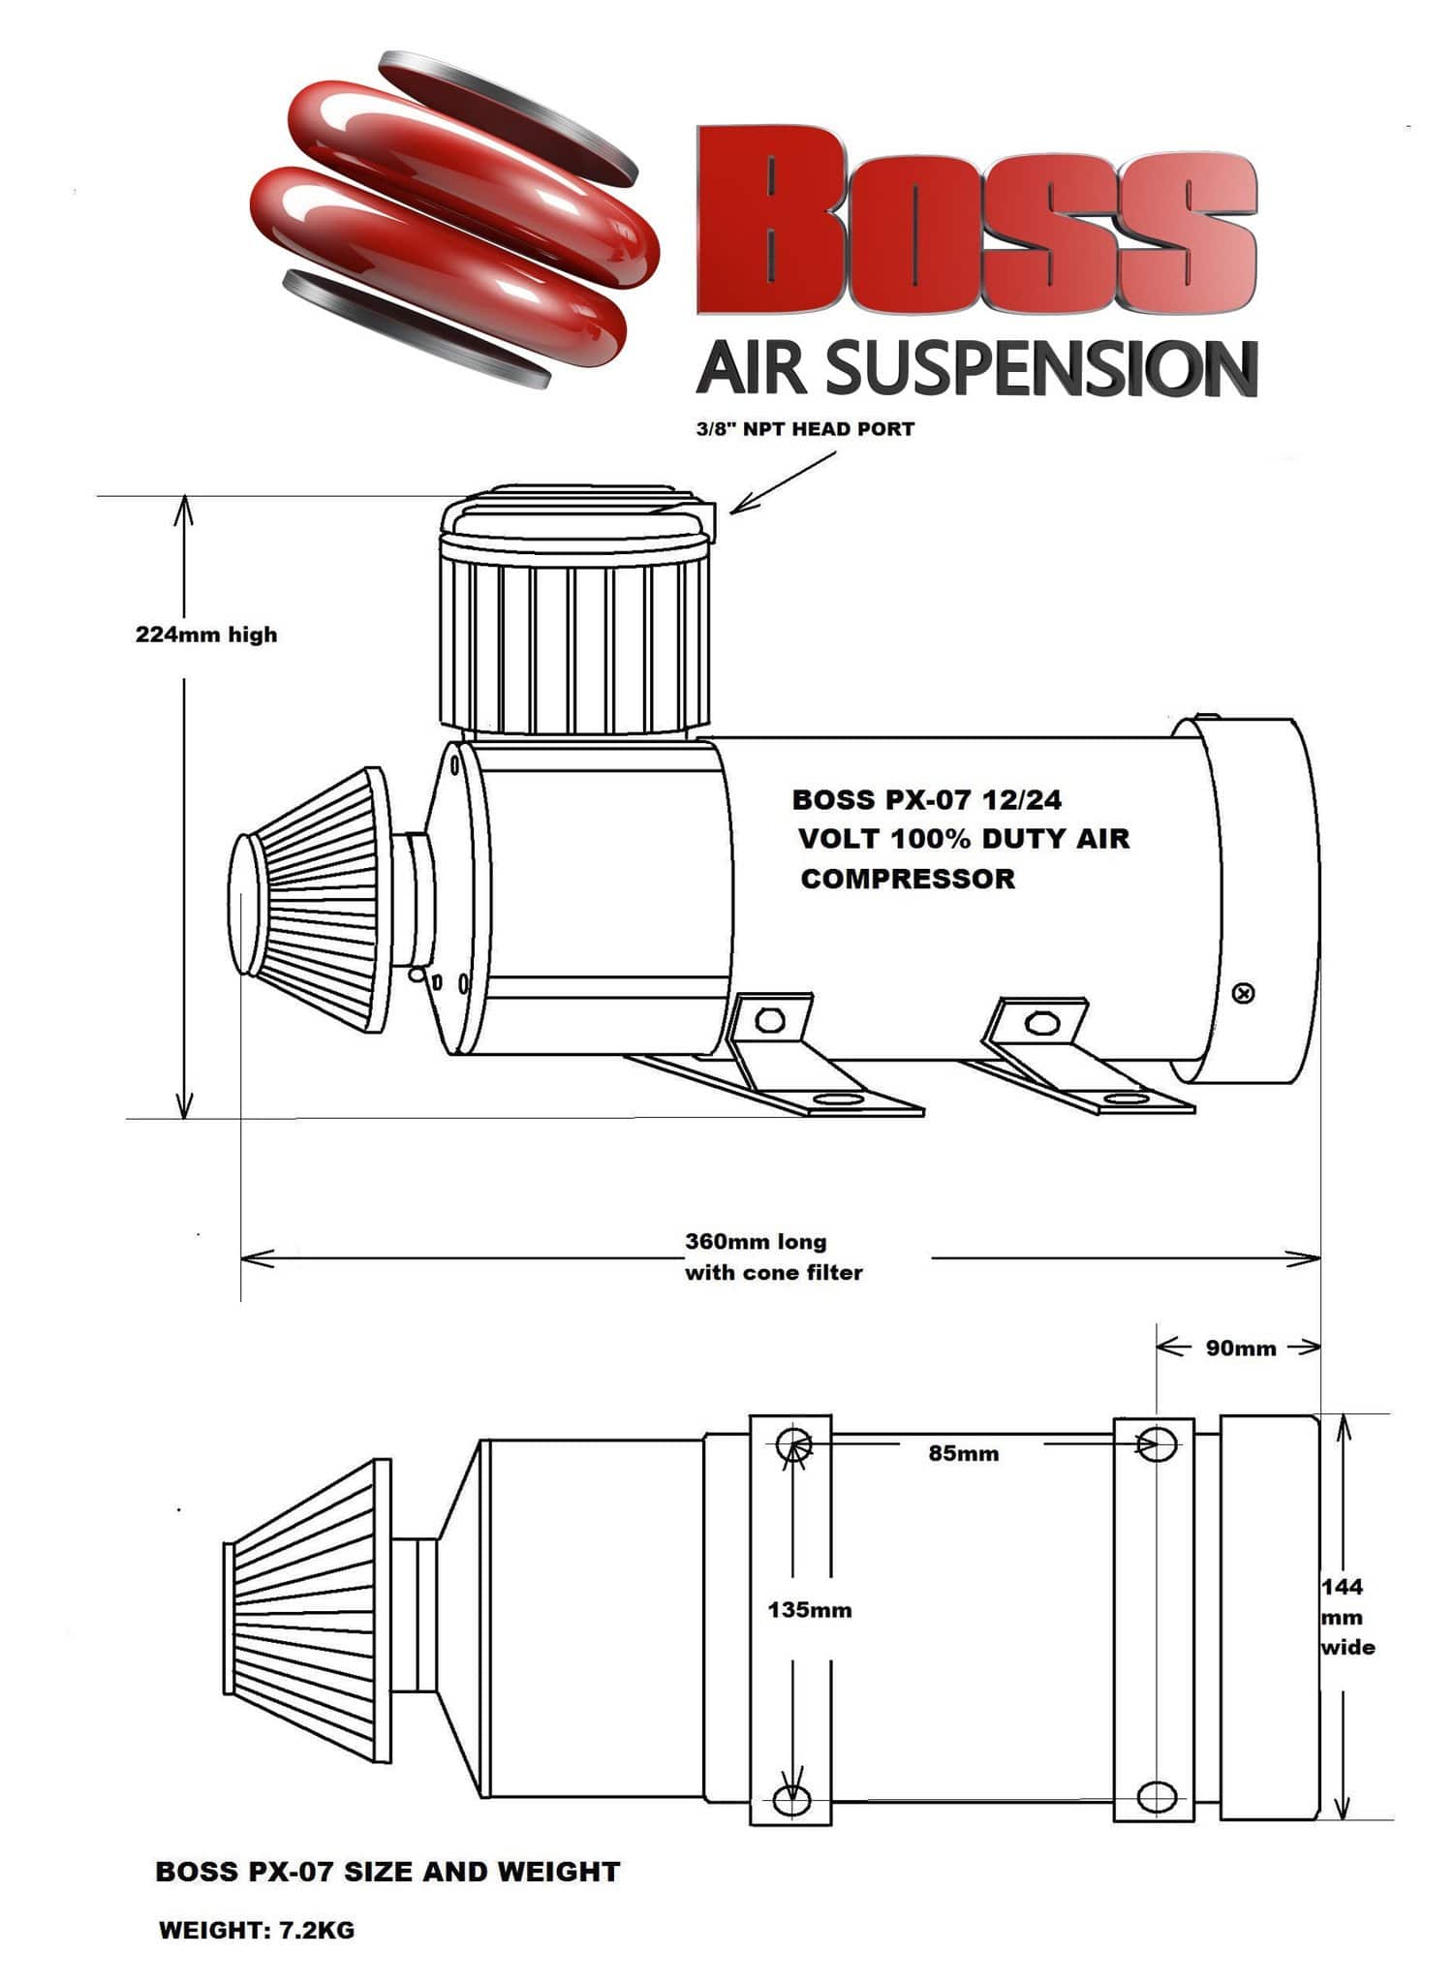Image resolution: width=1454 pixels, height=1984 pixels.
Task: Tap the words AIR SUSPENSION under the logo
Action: tap(976, 368)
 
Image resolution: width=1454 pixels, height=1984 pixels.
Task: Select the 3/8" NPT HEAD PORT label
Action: tap(804, 429)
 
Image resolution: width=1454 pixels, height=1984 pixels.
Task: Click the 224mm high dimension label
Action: tap(206, 635)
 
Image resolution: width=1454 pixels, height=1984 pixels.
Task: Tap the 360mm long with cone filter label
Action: tap(773, 1257)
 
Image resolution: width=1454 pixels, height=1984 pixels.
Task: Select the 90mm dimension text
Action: tap(1241, 1348)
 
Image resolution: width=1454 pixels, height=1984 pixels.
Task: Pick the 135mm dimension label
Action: tap(810, 1610)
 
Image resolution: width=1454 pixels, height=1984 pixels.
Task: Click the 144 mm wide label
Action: tap(1346, 1616)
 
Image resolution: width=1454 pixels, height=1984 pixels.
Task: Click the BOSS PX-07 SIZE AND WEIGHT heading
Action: tap(387, 1872)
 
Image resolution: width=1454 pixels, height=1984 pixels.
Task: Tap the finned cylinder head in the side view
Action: tap(577, 644)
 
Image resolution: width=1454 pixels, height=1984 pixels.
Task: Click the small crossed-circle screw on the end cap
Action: tap(1245, 994)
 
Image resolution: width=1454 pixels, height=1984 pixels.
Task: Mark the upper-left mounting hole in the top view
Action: tap(791, 1443)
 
